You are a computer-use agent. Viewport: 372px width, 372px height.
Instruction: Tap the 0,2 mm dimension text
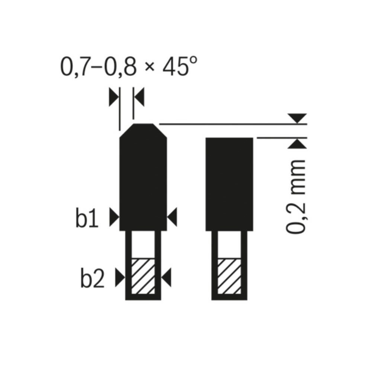pyautogui.click(x=296, y=196)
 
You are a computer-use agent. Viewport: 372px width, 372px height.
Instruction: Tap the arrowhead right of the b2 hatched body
pyautogui.click(x=166, y=276)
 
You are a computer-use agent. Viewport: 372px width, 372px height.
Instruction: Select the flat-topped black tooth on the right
pyautogui.click(x=230, y=184)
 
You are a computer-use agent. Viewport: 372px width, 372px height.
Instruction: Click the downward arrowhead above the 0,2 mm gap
pyautogui.click(x=299, y=118)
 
